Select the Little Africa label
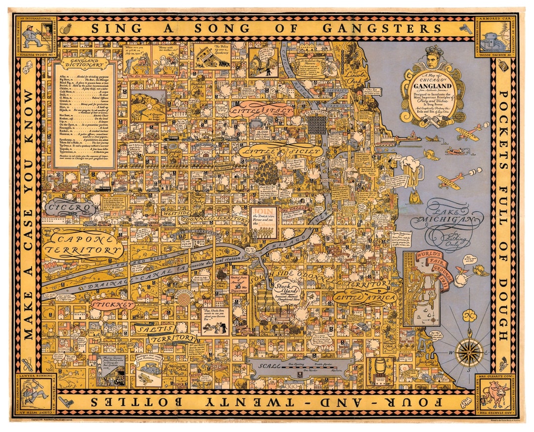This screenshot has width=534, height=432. (x=365, y=298)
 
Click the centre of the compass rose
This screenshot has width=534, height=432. (x=469, y=352)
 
